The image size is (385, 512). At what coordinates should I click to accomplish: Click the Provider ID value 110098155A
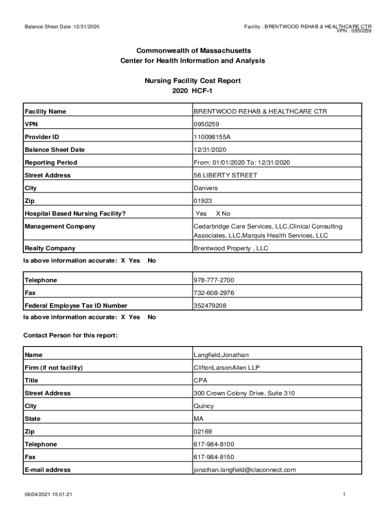click(x=212, y=137)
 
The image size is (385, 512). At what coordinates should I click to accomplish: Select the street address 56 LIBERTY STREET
click(x=225, y=175)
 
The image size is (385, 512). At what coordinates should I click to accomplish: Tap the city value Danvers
click(x=205, y=188)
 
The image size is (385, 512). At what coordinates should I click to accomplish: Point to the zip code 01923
click(x=202, y=201)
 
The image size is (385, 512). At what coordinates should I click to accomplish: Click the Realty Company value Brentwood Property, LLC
click(x=231, y=248)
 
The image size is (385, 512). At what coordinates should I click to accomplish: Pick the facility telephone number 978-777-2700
click(x=214, y=280)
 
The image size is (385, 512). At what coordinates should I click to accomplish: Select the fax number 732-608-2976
click(x=214, y=293)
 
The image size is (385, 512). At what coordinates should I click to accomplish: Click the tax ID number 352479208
click(x=210, y=306)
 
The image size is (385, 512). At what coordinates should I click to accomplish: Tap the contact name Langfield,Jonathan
click(x=221, y=355)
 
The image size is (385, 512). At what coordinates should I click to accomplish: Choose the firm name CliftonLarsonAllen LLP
click(x=226, y=368)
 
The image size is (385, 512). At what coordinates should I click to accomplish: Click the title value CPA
click(x=200, y=380)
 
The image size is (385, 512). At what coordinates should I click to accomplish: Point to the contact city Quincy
click(x=203, y=406)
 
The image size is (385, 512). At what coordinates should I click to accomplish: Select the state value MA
click(x=198, y=419)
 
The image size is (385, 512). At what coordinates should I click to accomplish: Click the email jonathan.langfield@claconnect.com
click(x=245, y=470)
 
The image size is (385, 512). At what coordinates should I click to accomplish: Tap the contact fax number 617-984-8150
click(x=214, y=457)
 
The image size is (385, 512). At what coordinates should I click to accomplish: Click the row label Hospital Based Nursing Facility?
click(x=75, y=214)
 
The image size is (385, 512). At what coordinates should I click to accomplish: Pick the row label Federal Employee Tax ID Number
click(x=76, y=306)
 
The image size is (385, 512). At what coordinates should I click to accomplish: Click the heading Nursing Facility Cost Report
click(x=192, y=80)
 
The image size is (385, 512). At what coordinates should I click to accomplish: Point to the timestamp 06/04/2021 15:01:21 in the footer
click(x=49, y=495)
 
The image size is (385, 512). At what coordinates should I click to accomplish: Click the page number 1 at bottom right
click(x=344, y=495)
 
